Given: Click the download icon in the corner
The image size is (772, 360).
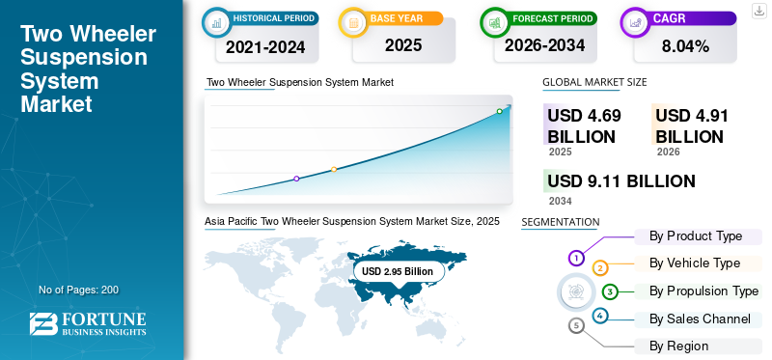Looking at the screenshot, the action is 759,11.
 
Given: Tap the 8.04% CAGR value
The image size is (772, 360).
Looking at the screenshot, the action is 685,46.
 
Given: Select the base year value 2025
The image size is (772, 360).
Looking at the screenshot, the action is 403,45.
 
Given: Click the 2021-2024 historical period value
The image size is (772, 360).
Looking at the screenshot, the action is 265,47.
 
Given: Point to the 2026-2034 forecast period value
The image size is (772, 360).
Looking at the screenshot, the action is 544,45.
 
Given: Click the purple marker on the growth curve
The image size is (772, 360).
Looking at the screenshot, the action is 296,179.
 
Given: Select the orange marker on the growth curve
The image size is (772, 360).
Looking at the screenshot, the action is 334,170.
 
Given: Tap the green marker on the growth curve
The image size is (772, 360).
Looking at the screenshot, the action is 499,111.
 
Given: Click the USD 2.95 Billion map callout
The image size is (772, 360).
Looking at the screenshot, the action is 398,271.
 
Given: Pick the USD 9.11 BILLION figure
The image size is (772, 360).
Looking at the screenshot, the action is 621,181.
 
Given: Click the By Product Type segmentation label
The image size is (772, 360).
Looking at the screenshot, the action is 695,236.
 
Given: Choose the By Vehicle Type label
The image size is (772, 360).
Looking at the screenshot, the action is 694,263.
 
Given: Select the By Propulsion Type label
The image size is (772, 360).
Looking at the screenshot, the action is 703,291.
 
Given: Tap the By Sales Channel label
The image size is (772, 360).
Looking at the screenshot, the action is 700,319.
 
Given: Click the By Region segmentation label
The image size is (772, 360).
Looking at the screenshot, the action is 678,346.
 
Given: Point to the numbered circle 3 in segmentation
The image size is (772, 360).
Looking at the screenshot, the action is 610,292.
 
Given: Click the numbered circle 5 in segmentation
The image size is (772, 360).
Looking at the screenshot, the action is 576,325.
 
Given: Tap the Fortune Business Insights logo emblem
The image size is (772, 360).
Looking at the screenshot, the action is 43,324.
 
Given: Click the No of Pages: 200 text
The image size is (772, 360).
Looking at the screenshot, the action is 79,290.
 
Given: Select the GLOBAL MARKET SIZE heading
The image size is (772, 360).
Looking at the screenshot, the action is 594,82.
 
